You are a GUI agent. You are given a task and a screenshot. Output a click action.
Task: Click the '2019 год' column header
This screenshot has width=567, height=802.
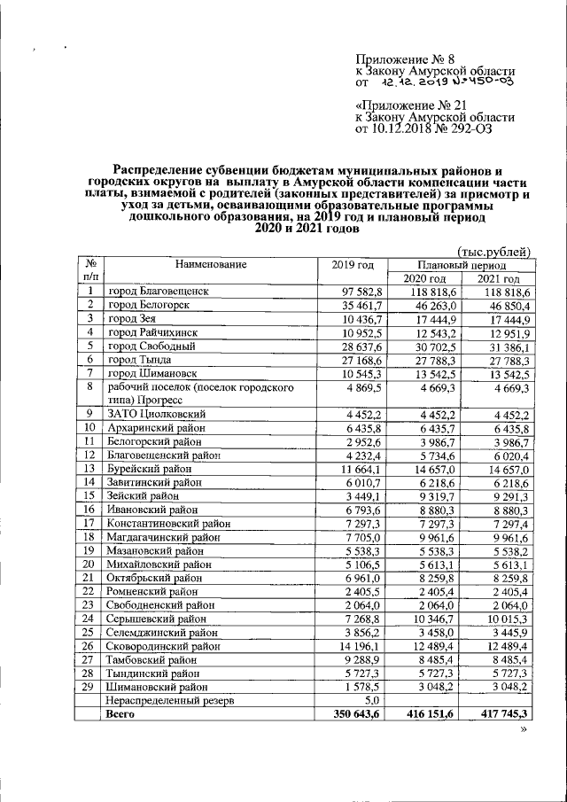353,265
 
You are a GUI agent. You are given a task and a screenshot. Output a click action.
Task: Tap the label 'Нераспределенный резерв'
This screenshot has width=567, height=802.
172,700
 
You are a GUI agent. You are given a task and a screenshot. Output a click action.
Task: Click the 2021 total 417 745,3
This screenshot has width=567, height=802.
505,713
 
